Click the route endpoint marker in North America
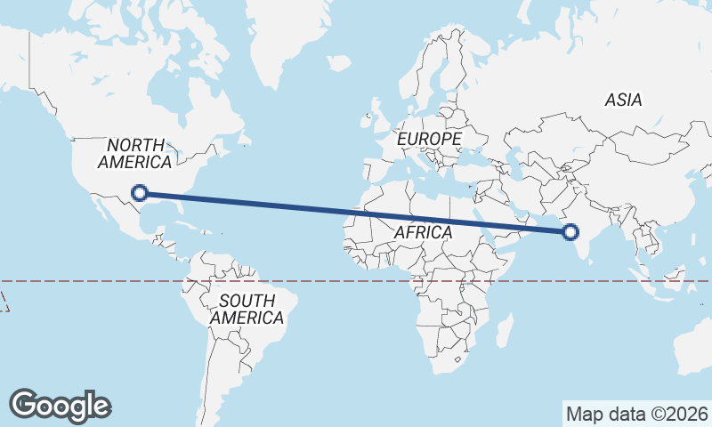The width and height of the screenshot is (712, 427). click(x=139, y=192)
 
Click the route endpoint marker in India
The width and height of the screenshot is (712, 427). click(x=570, y=232)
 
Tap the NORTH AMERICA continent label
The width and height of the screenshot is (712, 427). click(x=135, y=154)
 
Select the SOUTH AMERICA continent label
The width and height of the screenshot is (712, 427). click(x=247, y=309)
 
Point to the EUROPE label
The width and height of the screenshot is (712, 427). click(x=429, y=140)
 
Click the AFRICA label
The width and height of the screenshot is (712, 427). click(x=423, y=232)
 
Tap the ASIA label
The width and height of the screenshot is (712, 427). click(x=623, y=101)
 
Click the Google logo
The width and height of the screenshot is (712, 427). click(x=60, y=406)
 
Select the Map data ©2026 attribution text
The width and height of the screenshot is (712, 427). click(x=637, y=414)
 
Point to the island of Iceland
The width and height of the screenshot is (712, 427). click(x=339, y=63)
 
